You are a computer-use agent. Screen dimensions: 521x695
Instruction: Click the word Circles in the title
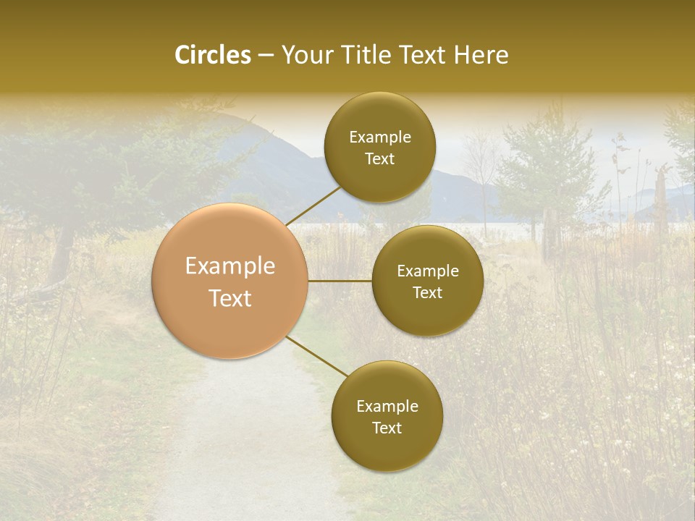click(x=213, y=55)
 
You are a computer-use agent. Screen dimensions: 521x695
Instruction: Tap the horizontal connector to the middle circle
click(x=340, y=281)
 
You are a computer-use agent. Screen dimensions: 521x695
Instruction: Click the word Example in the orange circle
click(x=230, y=266)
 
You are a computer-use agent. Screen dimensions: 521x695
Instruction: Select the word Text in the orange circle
click(x=230, y=298)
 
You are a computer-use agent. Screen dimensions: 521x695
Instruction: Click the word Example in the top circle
click(x=380, y=137)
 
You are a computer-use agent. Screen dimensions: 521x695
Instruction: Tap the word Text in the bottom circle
click(x=387, y=428)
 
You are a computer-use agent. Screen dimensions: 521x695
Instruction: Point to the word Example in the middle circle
click(x=428, y=271)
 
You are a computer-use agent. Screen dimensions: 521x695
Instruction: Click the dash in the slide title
click(x=266, y=56)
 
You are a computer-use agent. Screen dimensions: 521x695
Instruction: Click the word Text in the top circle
click(x=380, y=159)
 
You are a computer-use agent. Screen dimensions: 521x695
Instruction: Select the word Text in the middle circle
click(x=428, y=293)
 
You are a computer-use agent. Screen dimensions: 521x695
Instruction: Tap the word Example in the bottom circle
click(x=387, y=407)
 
